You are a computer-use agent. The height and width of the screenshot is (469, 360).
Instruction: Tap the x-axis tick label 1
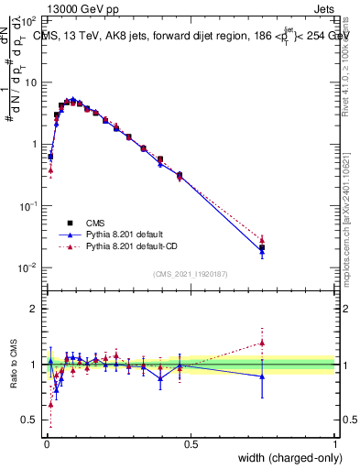pyautogui.click(x=335, y=444)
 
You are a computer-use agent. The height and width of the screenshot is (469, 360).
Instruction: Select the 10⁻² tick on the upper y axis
pyautogui.click(x=27, y=267)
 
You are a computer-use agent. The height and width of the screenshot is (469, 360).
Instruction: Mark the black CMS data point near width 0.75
pyautogui.click(x=262, y=247)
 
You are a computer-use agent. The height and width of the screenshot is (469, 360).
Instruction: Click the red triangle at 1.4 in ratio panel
pyautogui.click(x=262, y=343)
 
